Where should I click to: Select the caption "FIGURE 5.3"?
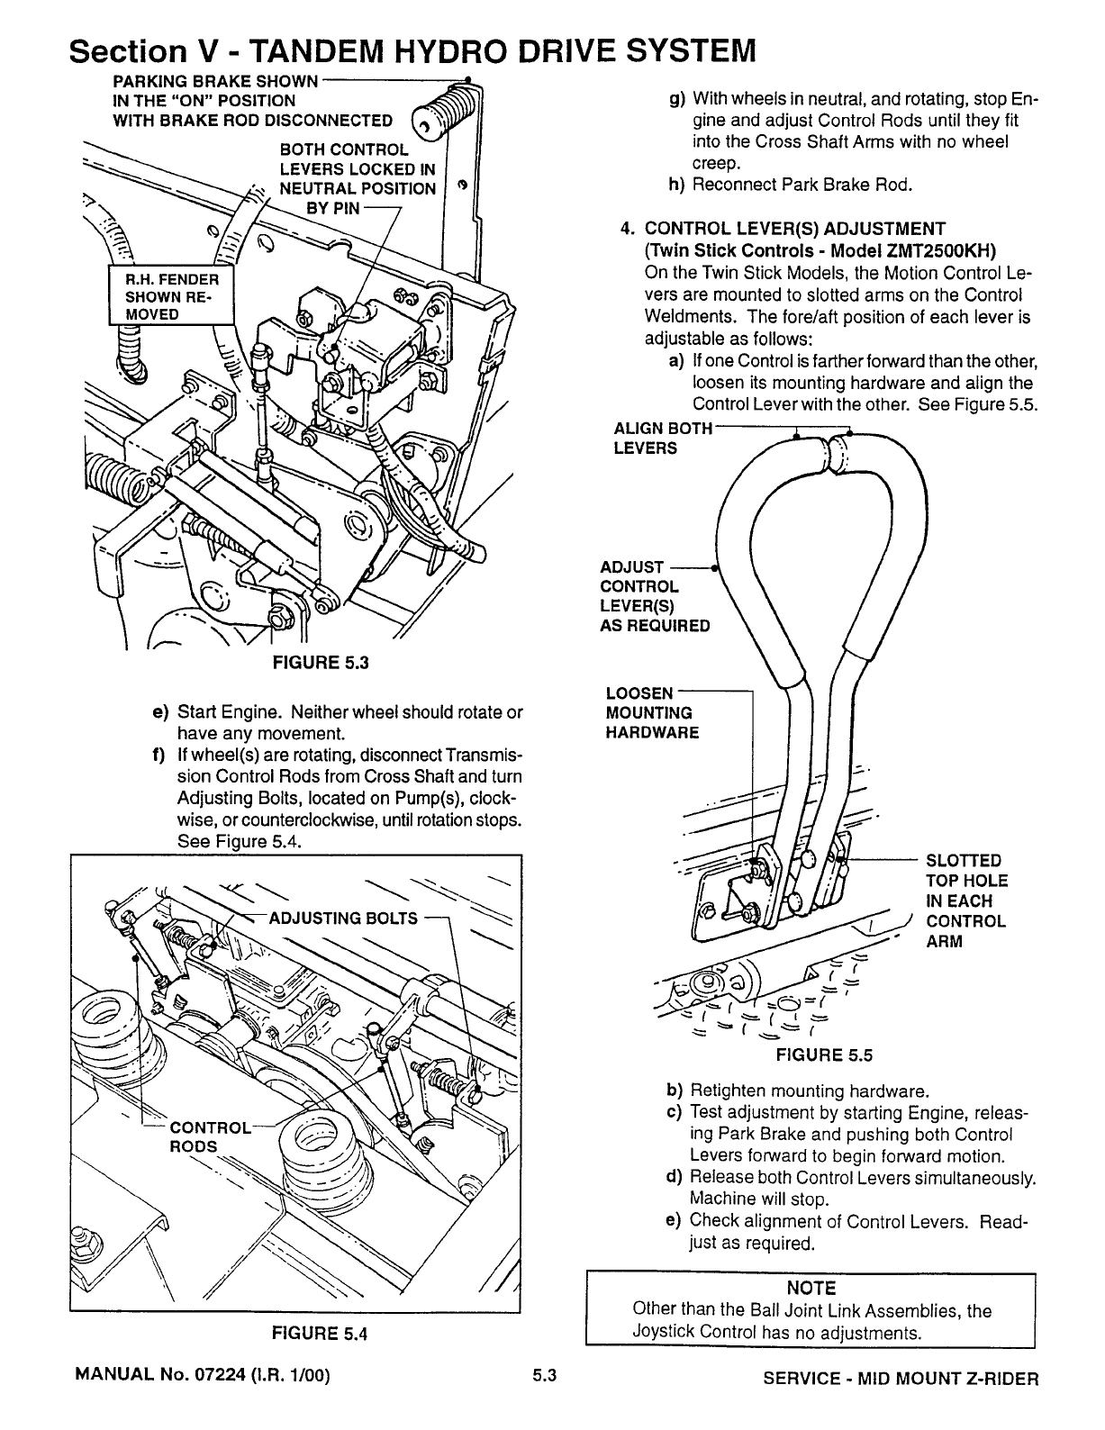tap(322, 665)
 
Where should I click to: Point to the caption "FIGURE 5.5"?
tap(825, 1055)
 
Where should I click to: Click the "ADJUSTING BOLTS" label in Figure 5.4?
tap(344, 919)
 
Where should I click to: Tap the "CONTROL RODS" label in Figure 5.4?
tap(209, 1136)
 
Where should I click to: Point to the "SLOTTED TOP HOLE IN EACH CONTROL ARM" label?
tap(966, 901)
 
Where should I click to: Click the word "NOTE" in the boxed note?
tap(811, 1289)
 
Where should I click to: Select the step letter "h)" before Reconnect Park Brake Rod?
tap(675, 186)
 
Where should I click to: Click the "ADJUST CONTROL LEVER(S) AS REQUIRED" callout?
tap(654, 596)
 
